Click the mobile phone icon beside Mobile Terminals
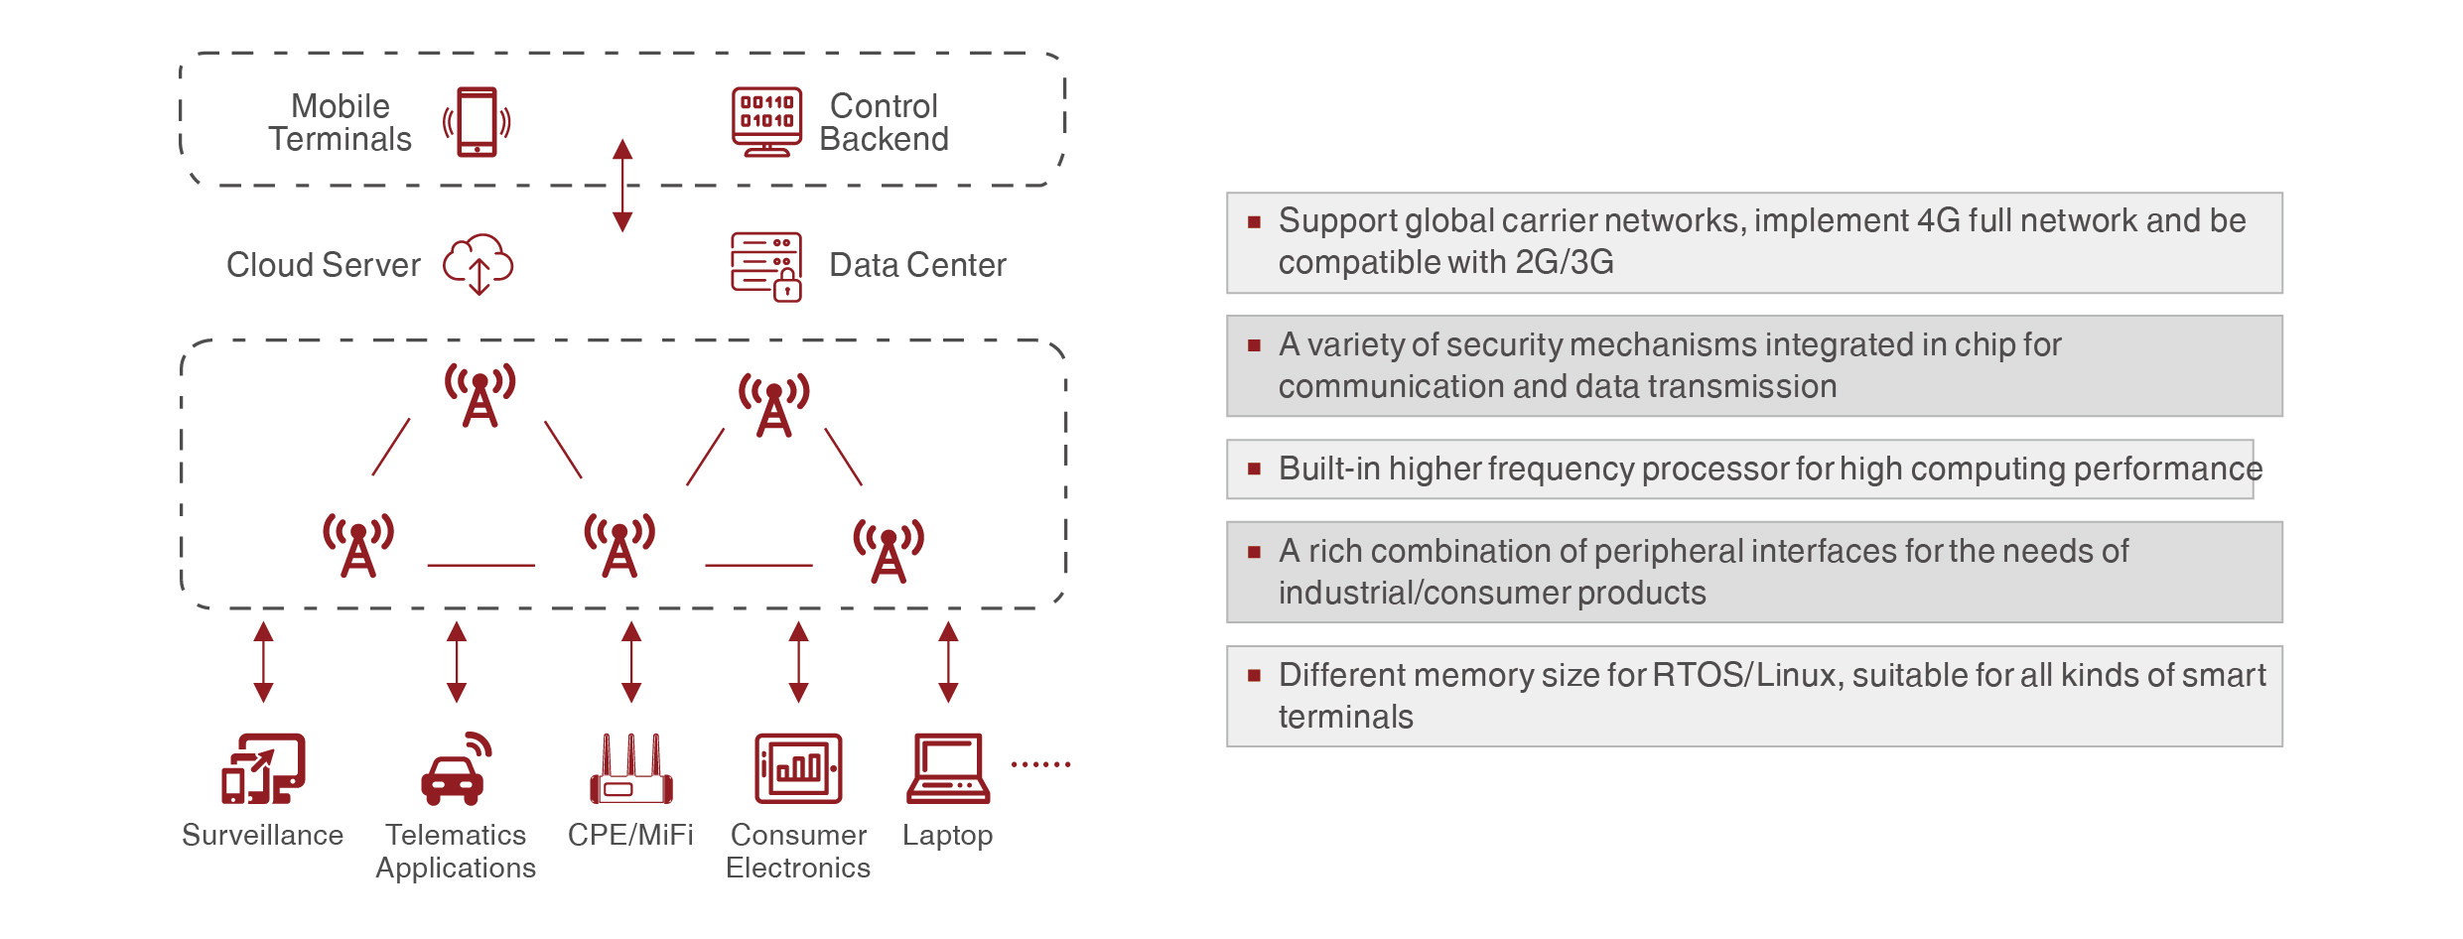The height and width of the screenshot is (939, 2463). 478,122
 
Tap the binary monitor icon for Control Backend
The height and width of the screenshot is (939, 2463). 766,121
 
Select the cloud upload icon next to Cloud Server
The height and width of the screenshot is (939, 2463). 479,264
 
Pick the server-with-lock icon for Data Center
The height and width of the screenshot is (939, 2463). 766,266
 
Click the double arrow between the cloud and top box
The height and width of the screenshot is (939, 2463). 622,186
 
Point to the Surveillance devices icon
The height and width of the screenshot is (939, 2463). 263,768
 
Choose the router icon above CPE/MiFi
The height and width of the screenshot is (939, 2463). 631,769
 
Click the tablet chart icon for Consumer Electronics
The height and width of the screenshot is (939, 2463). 798,768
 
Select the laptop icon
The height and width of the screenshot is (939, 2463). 948,768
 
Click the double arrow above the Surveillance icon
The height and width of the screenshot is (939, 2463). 263,662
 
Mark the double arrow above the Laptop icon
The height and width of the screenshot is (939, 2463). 948,662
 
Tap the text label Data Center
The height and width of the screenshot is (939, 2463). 917,265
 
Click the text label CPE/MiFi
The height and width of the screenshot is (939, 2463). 630,835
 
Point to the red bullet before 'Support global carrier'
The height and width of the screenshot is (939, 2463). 1255,221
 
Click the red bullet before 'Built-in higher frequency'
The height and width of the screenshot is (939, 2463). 1255,469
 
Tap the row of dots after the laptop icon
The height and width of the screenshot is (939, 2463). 1040,764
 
